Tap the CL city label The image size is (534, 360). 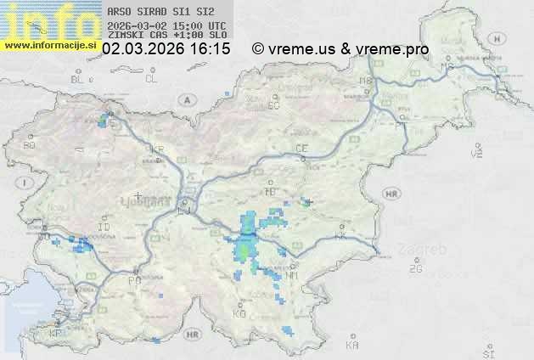click(x=151, y=79)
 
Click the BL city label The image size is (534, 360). click(x=77, y=79)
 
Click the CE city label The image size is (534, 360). click(x=301, y=149)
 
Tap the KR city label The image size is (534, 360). click(x=157, y=149)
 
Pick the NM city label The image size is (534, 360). click(x=293, y=276)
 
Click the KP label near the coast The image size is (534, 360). click(x=56, y=333)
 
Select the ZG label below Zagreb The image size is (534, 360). click(x=415, y=269)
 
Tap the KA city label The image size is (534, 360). click(x=353, y=346)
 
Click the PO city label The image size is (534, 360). click(x=133, y=281)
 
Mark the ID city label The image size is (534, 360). click(x=104, y=228)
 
